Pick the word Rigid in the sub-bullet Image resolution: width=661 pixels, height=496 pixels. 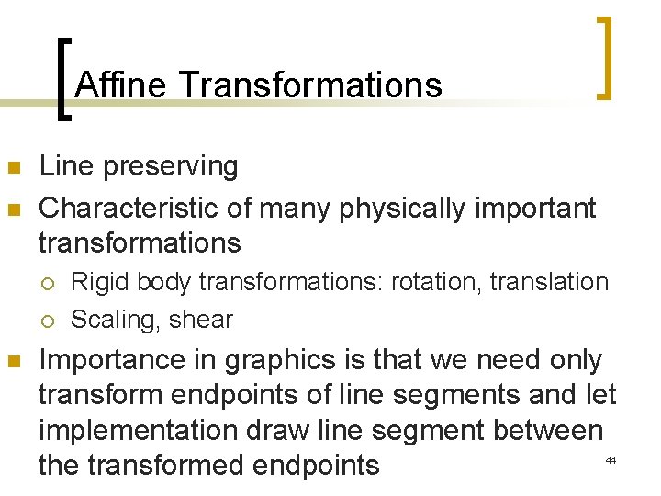point(95,282)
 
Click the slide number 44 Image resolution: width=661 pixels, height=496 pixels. point(610,458)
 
